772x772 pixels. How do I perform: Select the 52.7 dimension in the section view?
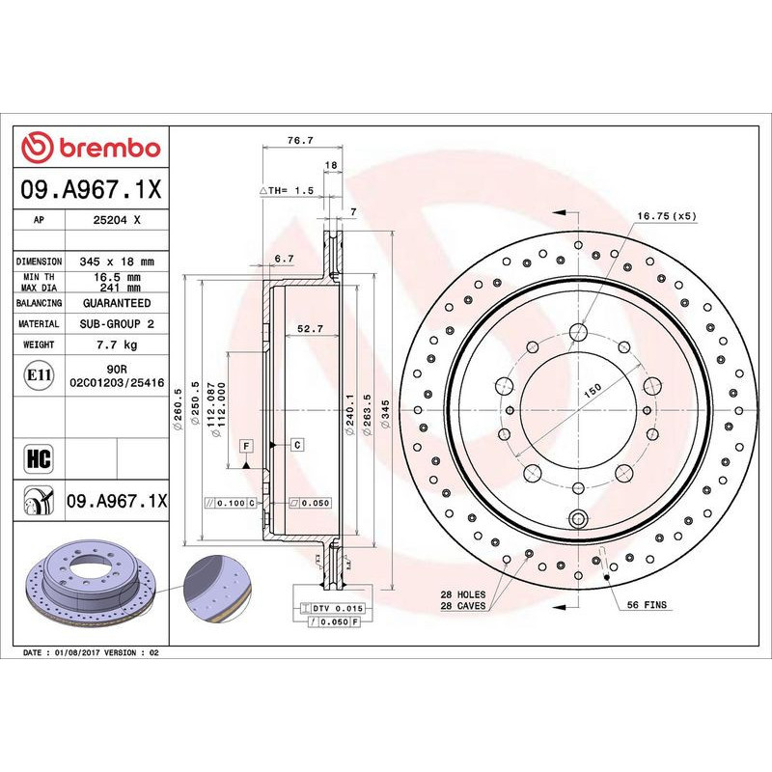pyautogui.click(x=310, y=329)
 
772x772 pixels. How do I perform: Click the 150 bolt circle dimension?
pyautogui.click(x=592, y=388)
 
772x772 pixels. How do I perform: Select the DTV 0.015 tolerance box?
pyautogui.click(x=333, y=609)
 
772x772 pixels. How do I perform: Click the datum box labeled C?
pyautogui.click(x=297, y=444)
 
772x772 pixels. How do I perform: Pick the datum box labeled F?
pyautogui.click(x=247, y=445)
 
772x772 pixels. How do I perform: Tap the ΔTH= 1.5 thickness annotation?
pyautogui.click(x=287, y=191)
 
